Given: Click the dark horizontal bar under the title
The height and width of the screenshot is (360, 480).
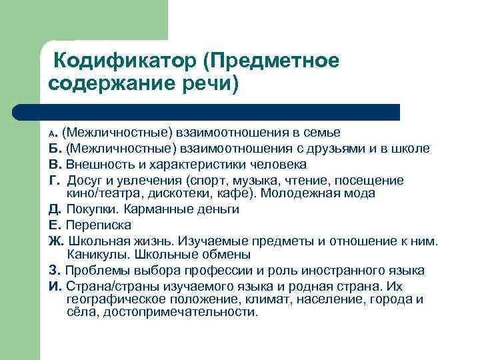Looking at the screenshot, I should click(x=220, y=112).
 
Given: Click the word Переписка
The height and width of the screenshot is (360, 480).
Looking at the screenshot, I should click(x=98, y=225).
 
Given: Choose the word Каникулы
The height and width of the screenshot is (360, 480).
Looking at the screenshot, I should click(x=97, y=254).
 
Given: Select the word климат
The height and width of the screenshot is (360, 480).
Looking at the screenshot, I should click(x=268, y=299).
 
